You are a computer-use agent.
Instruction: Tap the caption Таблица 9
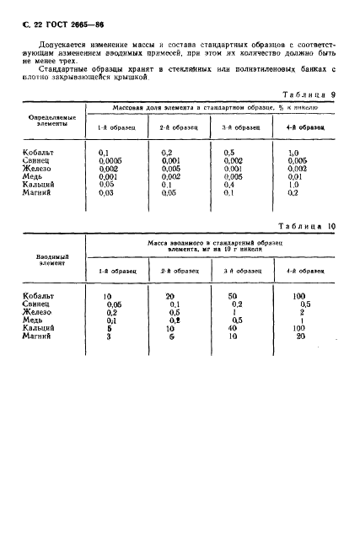click(x=307, y=94)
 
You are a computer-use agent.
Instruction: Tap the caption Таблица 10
click(x=307, y=225)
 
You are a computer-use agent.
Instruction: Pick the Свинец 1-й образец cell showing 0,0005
click(x=110, y=159)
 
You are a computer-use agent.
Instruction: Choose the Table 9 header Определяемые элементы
click(x=52, y=121)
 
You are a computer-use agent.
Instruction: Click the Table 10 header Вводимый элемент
click(x=52, y=258)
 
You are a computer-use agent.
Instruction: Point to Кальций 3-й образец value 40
click(x=234, y=328)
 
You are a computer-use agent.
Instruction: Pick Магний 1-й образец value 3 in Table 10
click(x=107, y=336)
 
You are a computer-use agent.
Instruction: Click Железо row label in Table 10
click(x=39, y=312)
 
